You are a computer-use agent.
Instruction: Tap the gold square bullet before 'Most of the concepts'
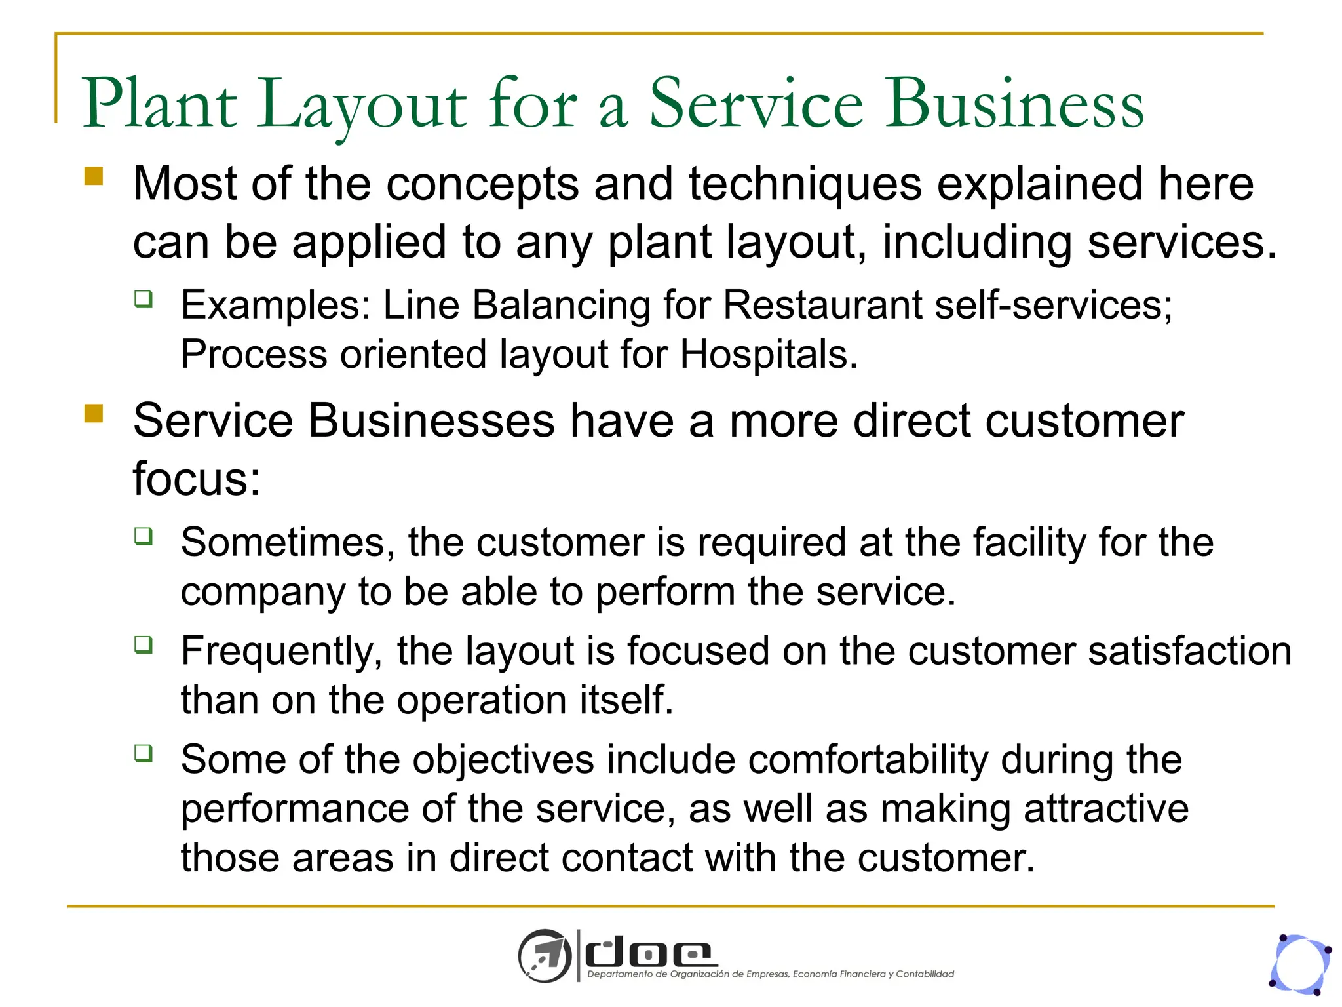(x=94, y=176)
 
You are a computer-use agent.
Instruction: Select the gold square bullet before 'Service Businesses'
(x=94, y=414)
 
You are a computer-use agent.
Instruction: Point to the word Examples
(x=275, y=306)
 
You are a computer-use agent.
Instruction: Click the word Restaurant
(x=822, y=306)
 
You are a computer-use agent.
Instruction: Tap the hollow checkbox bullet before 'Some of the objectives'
(x=144, y=753)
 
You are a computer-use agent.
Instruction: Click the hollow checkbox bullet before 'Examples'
(x=144, y=299)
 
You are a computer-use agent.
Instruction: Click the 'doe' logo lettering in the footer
(x=649, y=953)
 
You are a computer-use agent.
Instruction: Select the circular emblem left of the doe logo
(x=545, y=956)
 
